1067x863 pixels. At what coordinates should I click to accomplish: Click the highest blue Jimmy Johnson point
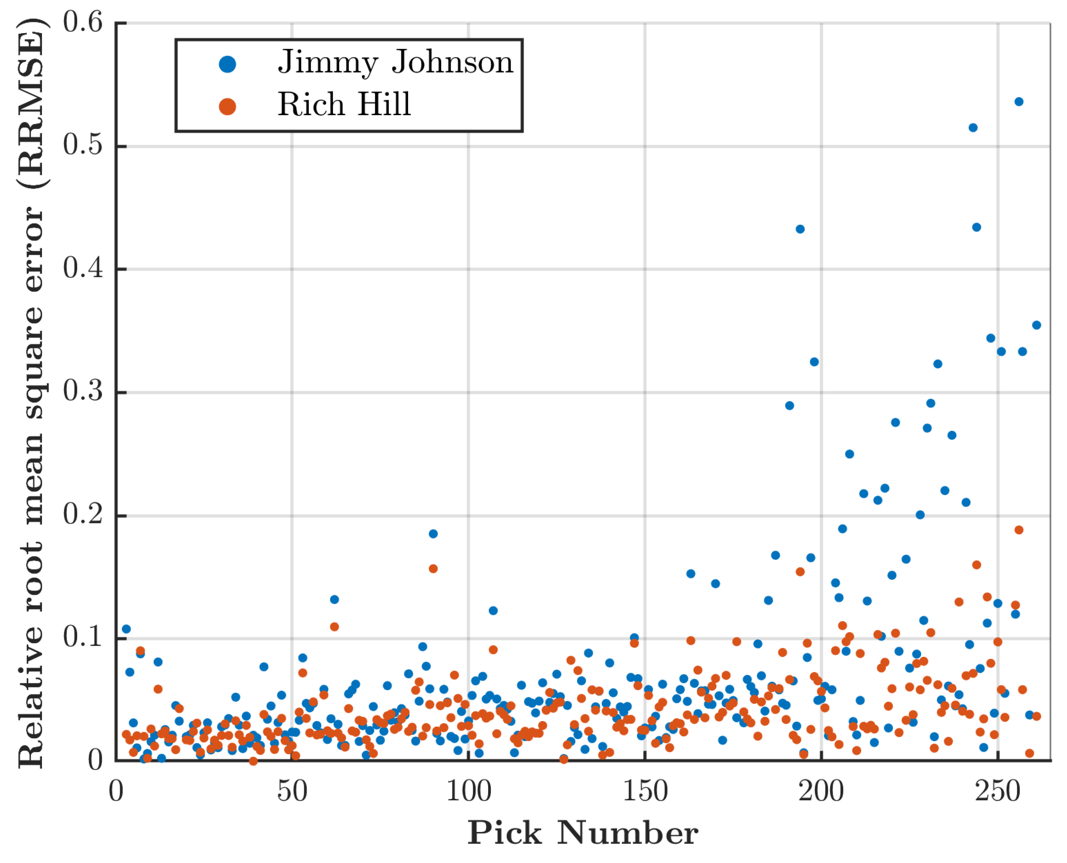point(1019,102)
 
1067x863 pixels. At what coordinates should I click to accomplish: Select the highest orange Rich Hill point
point(1019,530)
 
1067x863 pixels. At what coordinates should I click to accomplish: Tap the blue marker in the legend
point(227,64)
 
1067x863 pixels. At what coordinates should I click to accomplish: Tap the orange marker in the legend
point(227,106)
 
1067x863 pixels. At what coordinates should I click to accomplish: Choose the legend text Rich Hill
point(344,104)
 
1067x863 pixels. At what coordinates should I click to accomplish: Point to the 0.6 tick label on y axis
point(83,23)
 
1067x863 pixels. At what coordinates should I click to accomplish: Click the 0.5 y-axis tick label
point(83,146)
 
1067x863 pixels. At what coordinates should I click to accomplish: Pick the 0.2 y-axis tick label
point(83,515)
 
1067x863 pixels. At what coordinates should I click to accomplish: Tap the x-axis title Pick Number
point(583,833)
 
